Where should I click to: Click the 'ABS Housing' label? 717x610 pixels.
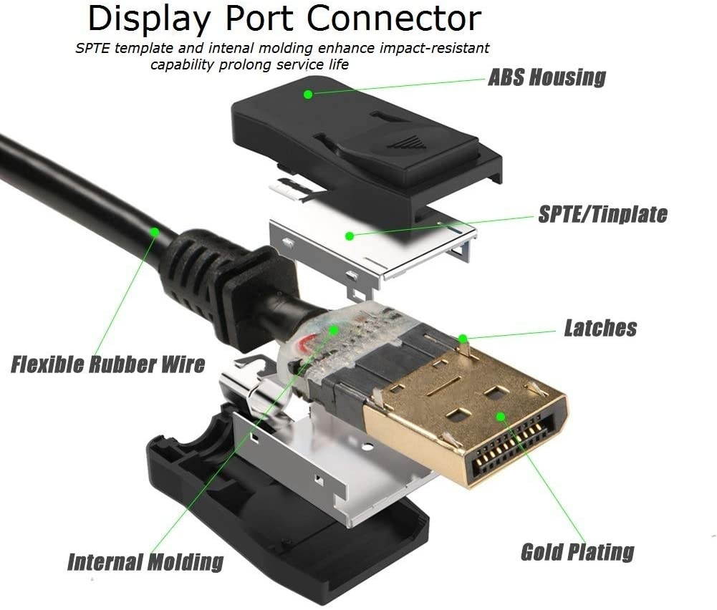[x=547, y=77]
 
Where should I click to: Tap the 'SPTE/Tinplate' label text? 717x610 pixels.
[x=602, y=214]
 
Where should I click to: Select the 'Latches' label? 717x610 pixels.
[x=600, y=328]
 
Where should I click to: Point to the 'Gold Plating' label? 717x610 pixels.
[x=577, y=552]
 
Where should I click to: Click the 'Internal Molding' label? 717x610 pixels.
[x=145, y=561]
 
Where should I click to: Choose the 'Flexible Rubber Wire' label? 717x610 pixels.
[x=108, y=364]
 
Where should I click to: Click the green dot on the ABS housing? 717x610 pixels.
[x=308, y=94]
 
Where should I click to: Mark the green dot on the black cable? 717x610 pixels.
[x=154, y=231]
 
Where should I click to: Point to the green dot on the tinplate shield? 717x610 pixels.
[x=349, y=236]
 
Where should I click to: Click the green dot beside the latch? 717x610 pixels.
[x=463, y=337]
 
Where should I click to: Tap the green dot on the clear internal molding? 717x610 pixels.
[x=334, y=330]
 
